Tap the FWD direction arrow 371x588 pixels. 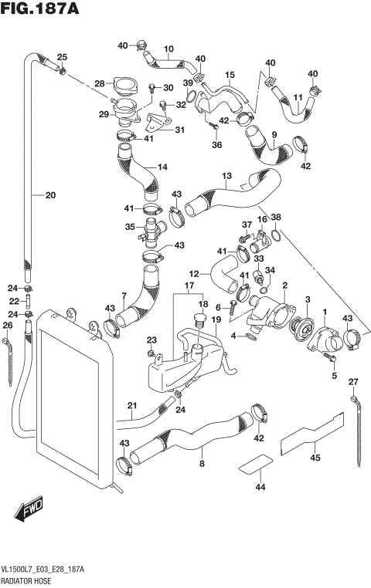(x=29, y=509)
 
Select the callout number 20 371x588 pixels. (x=51, y=195)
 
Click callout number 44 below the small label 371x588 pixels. (x=260, y=487)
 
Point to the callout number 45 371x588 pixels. (x=315, y=458)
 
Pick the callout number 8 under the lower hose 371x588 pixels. (x=202, y=464)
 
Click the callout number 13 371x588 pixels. (x=226, y=176)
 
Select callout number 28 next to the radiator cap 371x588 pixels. (x=99, y=83)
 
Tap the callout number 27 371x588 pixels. (x=353, y=382)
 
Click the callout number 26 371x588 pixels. (x=8, y=326)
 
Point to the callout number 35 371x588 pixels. (x=130, y=227)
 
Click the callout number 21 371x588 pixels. (x=131, y=406)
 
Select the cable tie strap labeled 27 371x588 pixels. (x=358, y=432)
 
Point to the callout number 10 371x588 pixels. (x=168, y=48)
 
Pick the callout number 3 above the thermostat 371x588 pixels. (x=307, y=299)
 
